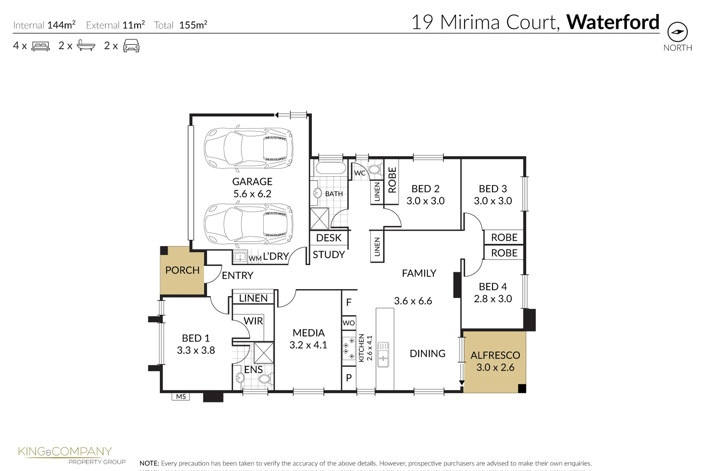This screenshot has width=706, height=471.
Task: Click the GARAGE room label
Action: [252, 182]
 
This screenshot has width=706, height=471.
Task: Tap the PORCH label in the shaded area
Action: [183, 270]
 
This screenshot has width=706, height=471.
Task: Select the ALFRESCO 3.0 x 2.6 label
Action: [495, 362]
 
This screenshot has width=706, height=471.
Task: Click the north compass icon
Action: [677, 32]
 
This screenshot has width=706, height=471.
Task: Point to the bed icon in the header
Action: [41, 46]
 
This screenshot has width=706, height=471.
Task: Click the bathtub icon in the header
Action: [86, 46]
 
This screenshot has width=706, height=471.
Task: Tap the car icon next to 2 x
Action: [131, 46]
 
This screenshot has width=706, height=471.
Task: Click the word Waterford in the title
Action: [613, 22]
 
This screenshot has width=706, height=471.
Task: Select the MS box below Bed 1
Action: [181, 396]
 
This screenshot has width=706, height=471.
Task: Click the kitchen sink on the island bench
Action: [383, 355]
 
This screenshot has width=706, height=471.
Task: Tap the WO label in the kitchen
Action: [348, 323]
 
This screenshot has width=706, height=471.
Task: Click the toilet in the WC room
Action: [375, 170]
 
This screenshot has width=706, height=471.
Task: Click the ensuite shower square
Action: [264, 353]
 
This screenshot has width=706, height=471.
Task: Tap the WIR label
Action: [253, 321]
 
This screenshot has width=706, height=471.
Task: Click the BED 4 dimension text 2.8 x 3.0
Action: [492, 299]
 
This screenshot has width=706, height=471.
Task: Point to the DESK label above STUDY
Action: [329, 238]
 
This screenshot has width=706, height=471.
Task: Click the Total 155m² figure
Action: [193, 25]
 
